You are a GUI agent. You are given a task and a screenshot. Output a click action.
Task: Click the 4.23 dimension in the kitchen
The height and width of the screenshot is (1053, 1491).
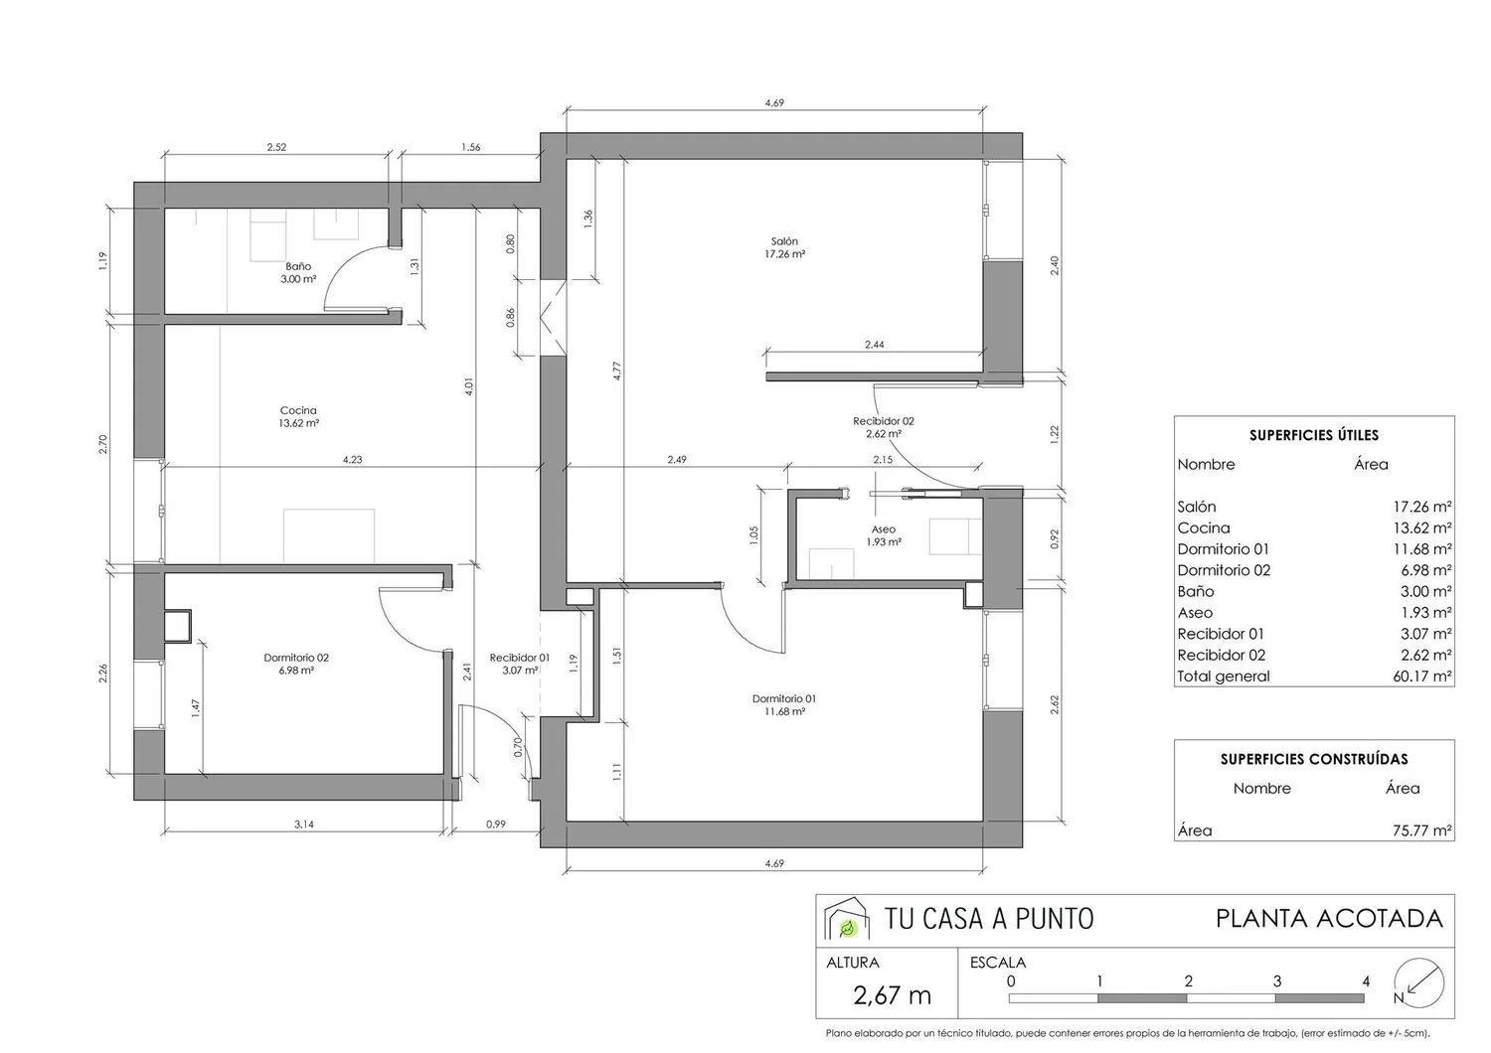[x=352, y=459]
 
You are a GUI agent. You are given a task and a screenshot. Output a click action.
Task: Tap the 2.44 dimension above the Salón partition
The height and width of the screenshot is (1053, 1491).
[x=874, y=345]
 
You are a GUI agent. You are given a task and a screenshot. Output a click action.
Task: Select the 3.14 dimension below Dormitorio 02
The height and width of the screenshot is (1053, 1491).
[x=304, y=825]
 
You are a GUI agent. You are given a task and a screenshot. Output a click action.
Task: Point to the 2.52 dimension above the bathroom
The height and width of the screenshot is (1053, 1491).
[x=276, y=147]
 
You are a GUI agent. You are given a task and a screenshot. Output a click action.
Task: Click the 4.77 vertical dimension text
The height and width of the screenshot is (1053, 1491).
[x=617, y=371]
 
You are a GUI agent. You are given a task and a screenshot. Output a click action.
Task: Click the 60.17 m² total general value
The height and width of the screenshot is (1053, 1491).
[x=1422, y=677]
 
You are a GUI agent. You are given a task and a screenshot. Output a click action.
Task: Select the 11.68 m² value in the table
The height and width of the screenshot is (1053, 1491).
[x=1422, y=548]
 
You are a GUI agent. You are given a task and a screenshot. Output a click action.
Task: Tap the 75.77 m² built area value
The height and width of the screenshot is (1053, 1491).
[x=1422, y=830]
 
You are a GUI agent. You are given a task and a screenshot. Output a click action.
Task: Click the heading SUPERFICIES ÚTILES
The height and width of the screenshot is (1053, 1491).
[x=1314, y=435]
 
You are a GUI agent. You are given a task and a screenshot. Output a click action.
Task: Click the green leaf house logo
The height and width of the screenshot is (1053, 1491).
[x=847, y=919]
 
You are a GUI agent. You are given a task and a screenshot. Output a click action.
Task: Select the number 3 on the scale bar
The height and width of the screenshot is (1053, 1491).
[x=1276, y=981]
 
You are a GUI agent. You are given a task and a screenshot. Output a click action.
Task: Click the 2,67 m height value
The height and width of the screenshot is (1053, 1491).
[x=892, y=995]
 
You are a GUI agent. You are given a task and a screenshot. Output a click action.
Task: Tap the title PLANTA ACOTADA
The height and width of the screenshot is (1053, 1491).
[x=1329, y=919]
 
